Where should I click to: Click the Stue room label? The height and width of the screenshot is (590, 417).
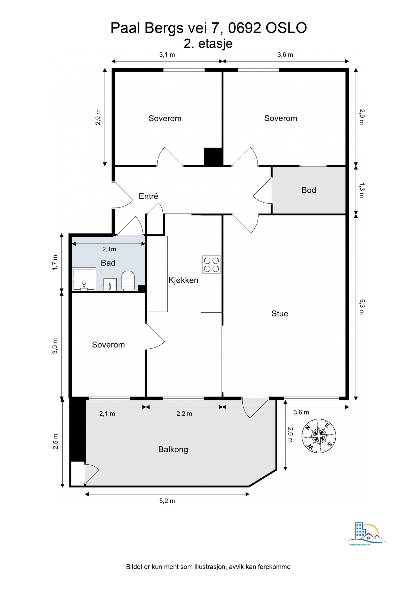point(280,313)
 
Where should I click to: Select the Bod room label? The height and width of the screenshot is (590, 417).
point(309,190)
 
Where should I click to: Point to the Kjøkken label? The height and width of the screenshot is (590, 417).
point(183,280)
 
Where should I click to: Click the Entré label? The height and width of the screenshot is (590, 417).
point(148,196)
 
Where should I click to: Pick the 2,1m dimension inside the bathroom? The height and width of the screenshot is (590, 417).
point(109,249)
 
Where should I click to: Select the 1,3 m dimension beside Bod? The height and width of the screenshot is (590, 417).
point(362,190)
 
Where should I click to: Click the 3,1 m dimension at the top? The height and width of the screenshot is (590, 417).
point(167,55)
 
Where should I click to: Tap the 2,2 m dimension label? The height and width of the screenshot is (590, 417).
point(184,414)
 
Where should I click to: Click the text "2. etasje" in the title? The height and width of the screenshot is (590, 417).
point(208,44)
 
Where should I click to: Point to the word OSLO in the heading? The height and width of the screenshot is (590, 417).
point(286,28)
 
